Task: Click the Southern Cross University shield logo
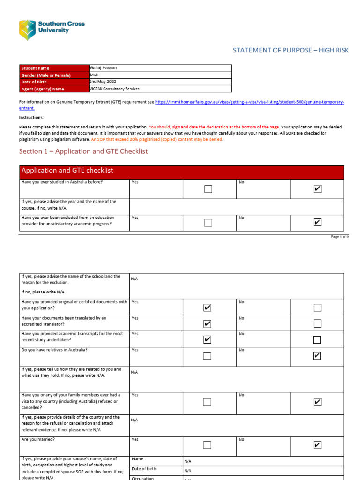27,30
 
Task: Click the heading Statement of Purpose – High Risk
291,50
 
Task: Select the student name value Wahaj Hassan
104,68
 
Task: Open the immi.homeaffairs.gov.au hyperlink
249,102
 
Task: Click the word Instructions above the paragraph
31,118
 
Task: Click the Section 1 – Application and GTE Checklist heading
83,151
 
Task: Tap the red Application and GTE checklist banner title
67,171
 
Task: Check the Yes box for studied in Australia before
209,189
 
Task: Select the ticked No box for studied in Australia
317,189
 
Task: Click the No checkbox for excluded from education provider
317,223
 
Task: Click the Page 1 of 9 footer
339,237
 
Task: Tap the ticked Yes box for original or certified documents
207,308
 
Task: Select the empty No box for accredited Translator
317,323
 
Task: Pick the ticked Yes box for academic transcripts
207,339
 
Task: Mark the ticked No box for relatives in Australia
317,356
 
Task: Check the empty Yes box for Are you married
207,445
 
